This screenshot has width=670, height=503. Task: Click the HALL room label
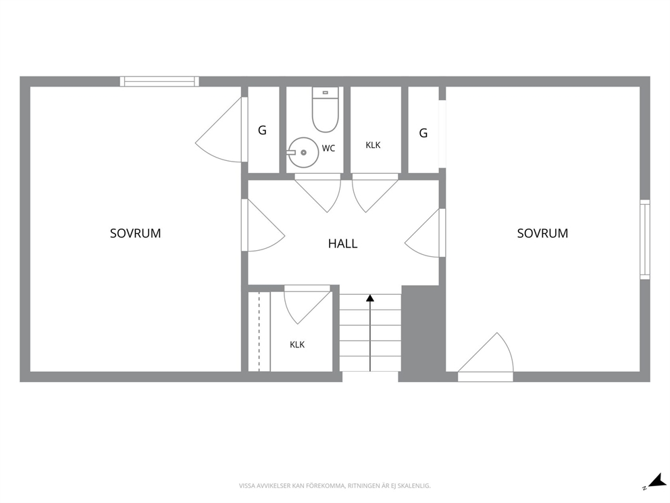click(x=342, y=243)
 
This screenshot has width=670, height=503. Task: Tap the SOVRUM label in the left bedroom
click(x=136, y=233)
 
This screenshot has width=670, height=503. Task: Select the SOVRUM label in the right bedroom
click(x=542, y=233)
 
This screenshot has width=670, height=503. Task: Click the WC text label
click(x=329, y=149)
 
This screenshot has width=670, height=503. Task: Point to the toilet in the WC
click(x=325, y=110)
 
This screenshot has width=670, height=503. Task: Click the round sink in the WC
click(x=303, y=152)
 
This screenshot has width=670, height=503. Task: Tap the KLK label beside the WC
click(x=373, y=145)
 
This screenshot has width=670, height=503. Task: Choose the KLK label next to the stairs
click(x=297, y=344)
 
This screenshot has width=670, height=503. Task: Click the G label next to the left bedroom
click(x=262, y=130)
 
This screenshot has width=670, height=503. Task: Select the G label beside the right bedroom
click(x=423, y=133)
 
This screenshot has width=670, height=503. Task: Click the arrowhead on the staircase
click(x=370, y=298)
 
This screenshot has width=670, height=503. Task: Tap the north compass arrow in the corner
click(x=655, y=480)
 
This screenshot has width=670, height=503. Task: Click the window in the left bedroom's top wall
click(x=159, y=81)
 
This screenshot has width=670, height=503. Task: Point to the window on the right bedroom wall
click(x=645, y=239)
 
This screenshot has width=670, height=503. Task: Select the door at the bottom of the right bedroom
click(x=486, y=357)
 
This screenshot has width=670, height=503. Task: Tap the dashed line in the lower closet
click(x=259, y=331)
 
